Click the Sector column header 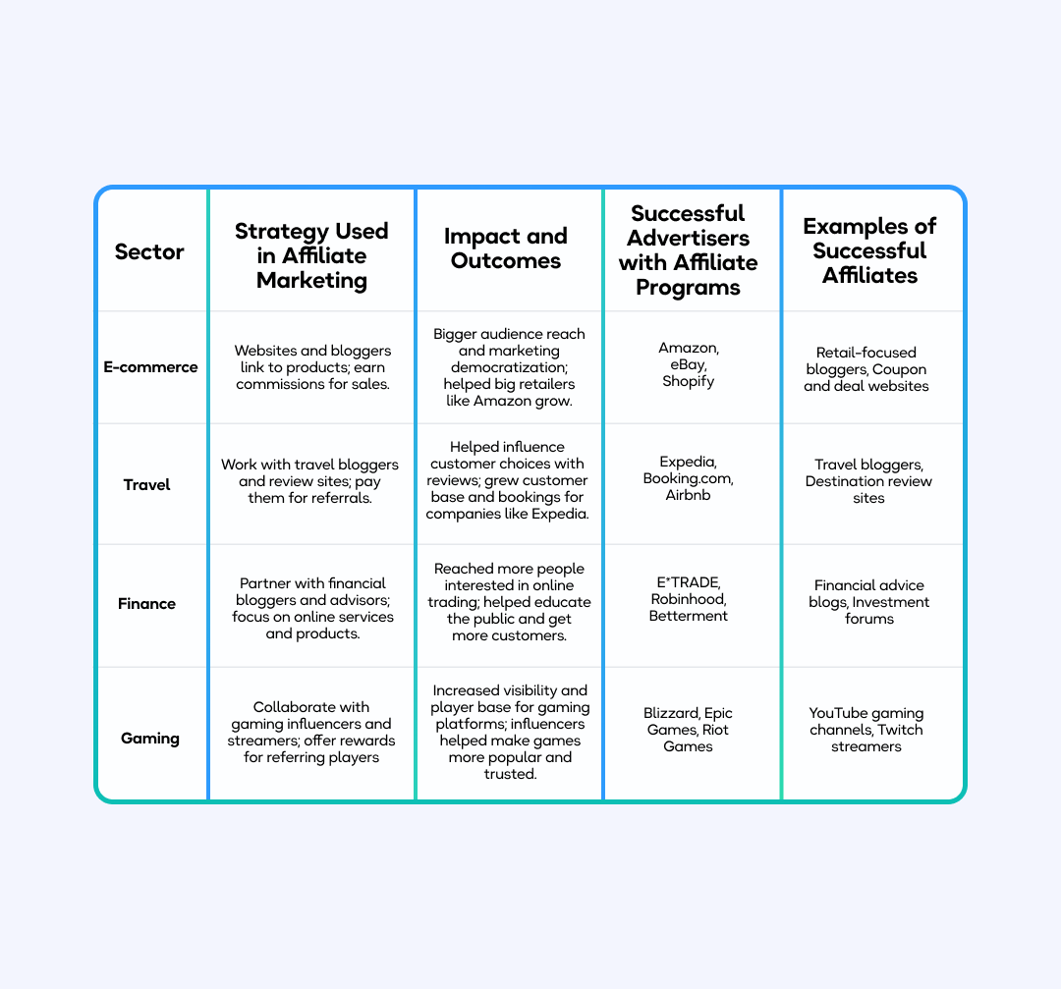click(x=149, y=251)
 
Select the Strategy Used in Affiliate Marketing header click(x=311, y=255)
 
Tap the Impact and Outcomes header click(x=505, y=248)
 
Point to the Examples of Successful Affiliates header click(x=869, y=250)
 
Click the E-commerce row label click(x=150, y=367)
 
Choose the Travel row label click(x=146, y=484)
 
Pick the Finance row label click(x=146, y=603)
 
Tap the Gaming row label click(x=149, y=738)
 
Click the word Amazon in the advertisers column click(x=687, y=348)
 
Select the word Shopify click(x=688, y=381)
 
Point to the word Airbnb click(x=688, y=495)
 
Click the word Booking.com click(x=688, y=478)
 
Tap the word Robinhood click(x=688, y=599)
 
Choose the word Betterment click(x=688, y=616)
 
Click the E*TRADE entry click(x=688, y=582)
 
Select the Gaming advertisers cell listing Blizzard click(x=689, y=730)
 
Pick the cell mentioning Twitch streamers click(x=866, y=730)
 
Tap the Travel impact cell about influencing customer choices click(x=507, y=480)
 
